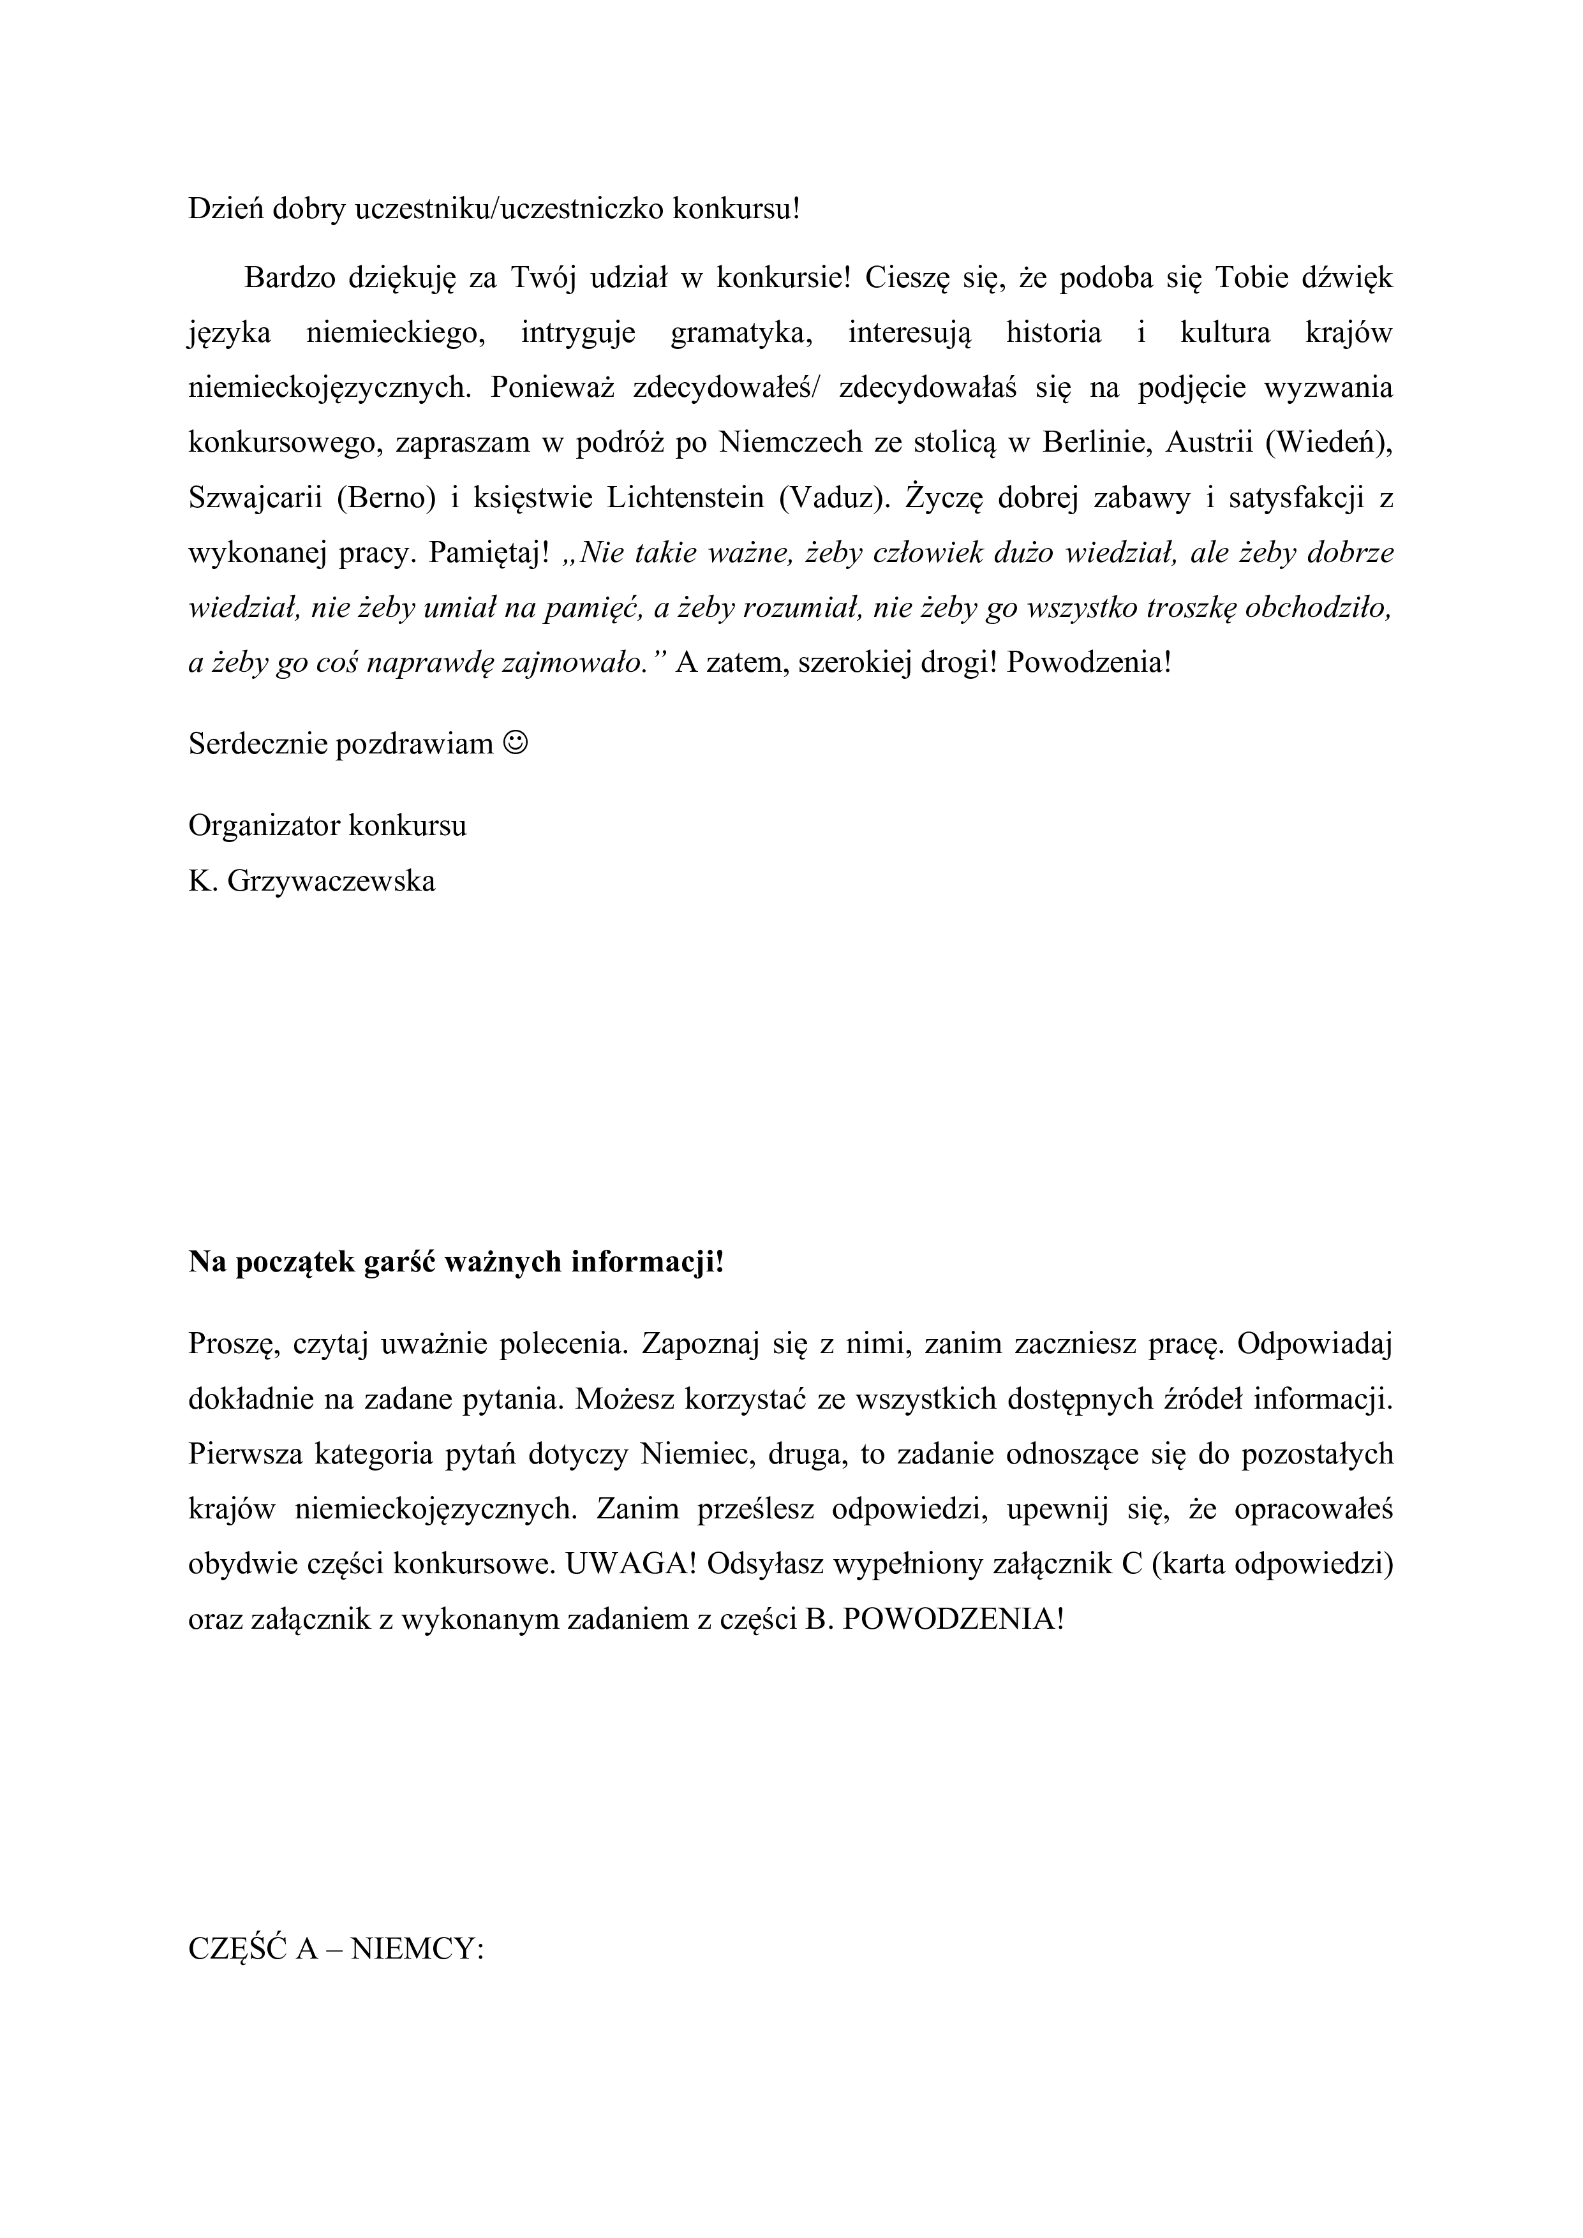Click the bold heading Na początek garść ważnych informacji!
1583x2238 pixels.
tap(456, 1263)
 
